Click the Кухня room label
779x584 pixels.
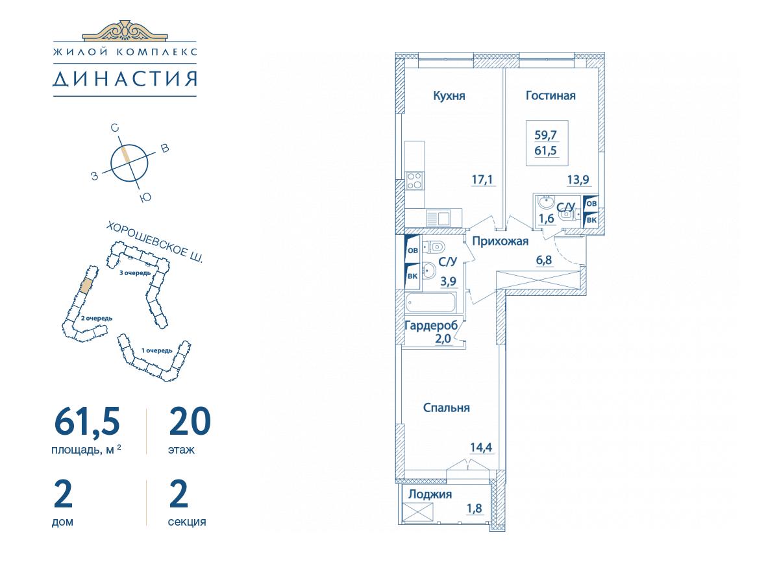(x=449, y=96)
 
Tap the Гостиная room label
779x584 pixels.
(x=550, y=95)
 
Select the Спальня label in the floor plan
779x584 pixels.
(x=446, y=408)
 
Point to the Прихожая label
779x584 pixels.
(x=500, y=241)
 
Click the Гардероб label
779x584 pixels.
(x=431, y=326)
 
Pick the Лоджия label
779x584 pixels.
(x=430, y=494)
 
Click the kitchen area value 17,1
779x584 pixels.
(x=482, y=180)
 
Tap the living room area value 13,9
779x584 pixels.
(x=578, y=180)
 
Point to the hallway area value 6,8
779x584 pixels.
(x=544, y=260)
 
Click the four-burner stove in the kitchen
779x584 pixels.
(x=415, y=180)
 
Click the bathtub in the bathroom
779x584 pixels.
(x=430, y=302)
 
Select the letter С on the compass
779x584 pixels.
(x=114, y=128)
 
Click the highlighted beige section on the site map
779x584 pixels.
(x=86, y=285)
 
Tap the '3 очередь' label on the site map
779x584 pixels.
(x=135, y=273)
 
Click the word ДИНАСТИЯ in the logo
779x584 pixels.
(x=125, y=79)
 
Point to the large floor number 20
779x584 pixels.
(x=190, y=421)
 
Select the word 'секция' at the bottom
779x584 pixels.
(x=187, y=522)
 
